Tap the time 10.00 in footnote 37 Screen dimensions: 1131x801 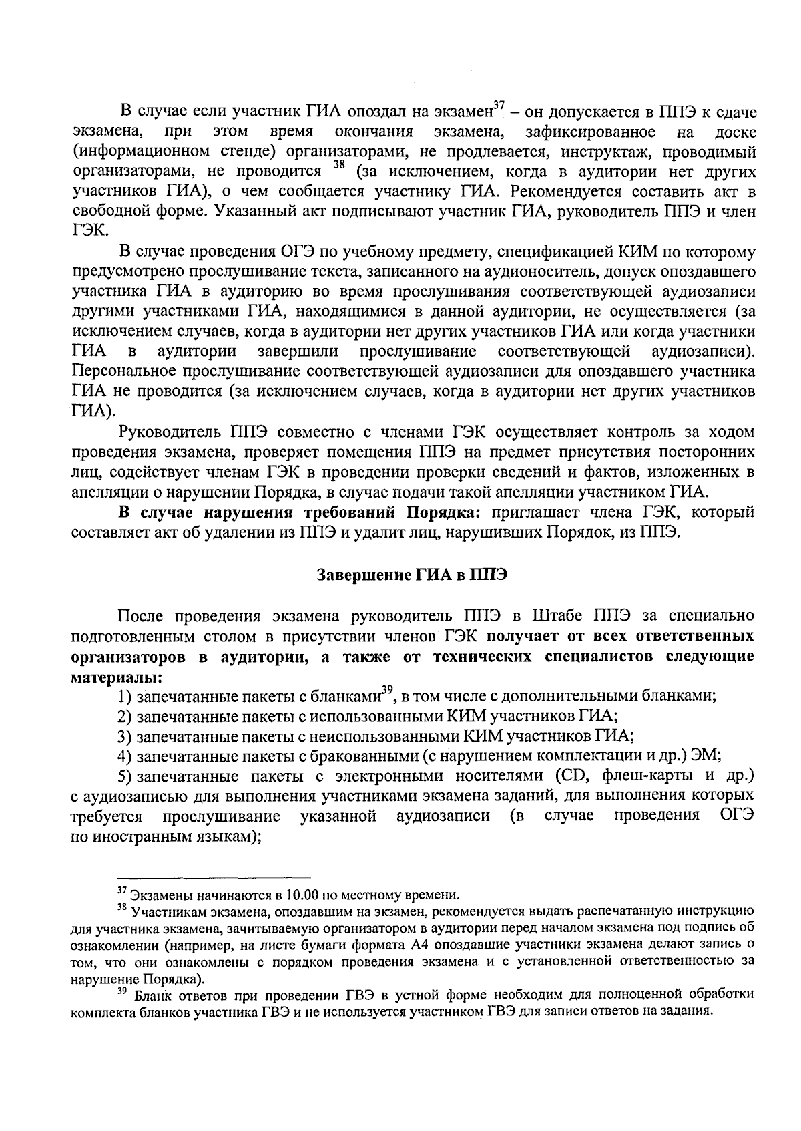[x=301, y=895]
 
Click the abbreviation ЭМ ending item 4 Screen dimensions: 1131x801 [x=706, y=756]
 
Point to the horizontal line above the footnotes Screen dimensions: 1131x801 [x=214, y=877]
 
